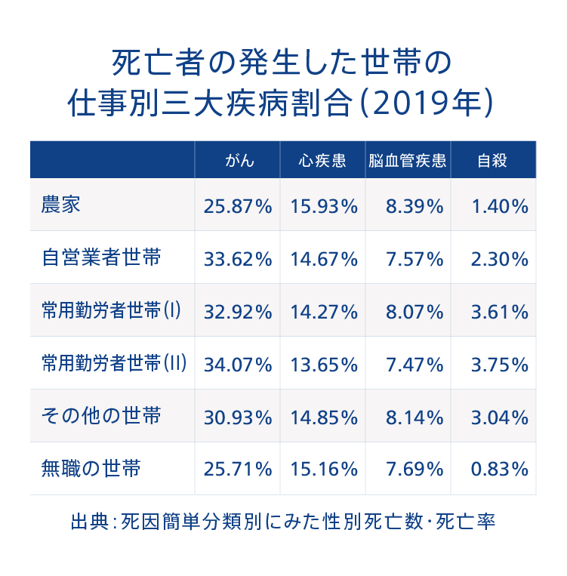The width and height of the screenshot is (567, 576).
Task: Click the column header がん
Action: (239, 160)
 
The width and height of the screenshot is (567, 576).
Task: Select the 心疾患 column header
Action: (322, 160)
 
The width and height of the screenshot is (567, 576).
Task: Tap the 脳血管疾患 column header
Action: (408, 160)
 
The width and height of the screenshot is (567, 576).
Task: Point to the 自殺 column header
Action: (492, 160)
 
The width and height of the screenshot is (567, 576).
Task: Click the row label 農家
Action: (61, 205)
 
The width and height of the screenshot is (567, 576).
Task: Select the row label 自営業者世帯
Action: (101, 257)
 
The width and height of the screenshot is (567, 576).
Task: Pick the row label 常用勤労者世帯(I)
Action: (111, 310)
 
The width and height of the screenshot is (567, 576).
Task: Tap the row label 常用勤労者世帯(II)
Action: (114, 363)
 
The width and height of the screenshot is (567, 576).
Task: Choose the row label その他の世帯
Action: (101, 416)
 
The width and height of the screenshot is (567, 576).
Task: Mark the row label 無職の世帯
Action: (91, 469)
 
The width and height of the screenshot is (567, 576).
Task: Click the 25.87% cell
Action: (238, 206)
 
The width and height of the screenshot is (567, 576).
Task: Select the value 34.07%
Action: (238, 365)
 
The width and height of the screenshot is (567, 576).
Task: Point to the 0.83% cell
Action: (498, 470)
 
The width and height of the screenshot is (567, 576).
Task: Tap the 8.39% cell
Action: (414, 206)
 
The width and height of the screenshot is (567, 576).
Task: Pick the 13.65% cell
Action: (323, 365)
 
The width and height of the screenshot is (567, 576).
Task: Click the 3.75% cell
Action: (498, 365)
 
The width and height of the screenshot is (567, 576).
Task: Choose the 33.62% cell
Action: (238, 259)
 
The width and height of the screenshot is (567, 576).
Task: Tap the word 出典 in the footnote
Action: (85, 522)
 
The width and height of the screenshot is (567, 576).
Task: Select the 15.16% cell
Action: (323, 470)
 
